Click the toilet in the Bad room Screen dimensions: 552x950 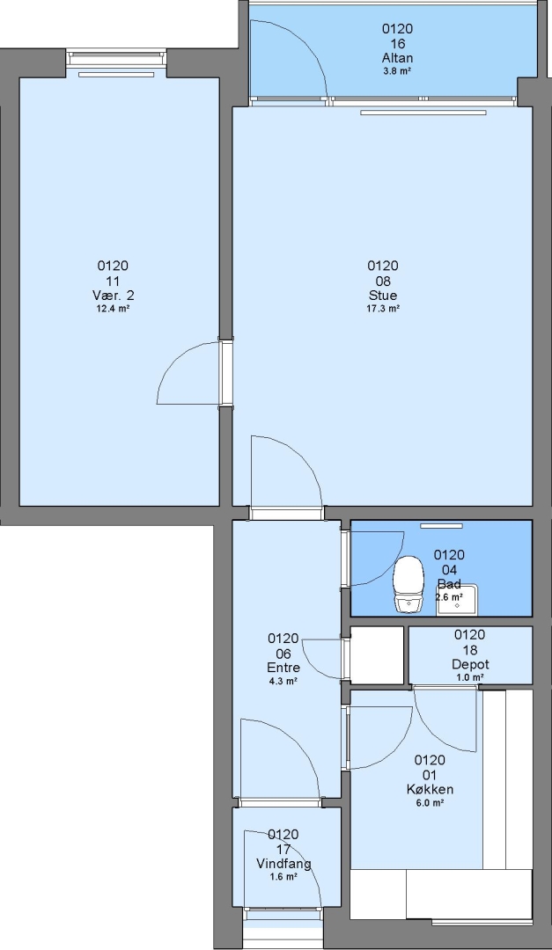tap(408, 585)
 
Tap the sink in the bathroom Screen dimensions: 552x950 tap(457, 601)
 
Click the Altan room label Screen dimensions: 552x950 tap(398, 58)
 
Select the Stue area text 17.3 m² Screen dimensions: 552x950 tap(383, 309)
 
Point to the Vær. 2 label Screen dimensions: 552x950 tap(113, 296)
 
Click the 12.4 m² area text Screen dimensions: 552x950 tap(113, 309)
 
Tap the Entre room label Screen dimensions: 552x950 tap(283, 668)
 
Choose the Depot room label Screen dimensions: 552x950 tap(470, 664)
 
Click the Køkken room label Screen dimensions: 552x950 tap(430, 789)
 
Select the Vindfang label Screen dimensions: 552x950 tap(283, 864)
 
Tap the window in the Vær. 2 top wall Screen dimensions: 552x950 tap(116, 59)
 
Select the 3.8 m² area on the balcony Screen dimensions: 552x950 tap(398, 71)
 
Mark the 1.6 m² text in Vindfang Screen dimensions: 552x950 tap(283, 877)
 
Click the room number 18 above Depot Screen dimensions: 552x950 tap(470, 649)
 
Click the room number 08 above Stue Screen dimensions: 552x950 tap(383, 281)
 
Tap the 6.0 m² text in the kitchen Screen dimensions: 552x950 tap(430, 803)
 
